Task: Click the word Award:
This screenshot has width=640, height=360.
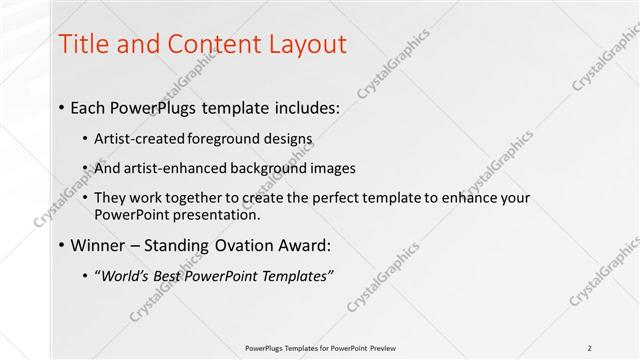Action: tap(302, 245)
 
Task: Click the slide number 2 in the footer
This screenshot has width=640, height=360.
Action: tap(589, 347)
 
